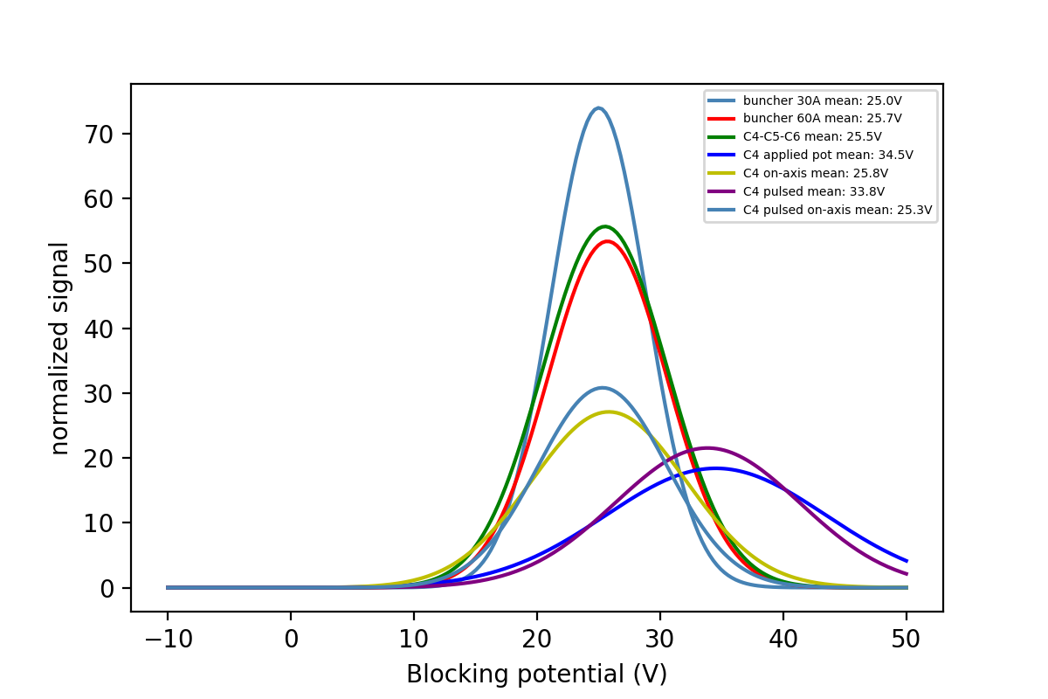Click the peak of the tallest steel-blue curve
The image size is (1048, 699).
598,108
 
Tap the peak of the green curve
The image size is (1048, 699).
604,226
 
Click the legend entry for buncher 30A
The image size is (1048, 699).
822,100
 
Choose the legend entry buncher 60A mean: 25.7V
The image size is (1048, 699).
822,118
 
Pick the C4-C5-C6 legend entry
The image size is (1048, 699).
812,136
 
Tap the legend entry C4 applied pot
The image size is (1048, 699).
828,155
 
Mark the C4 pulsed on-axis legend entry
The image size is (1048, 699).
838,210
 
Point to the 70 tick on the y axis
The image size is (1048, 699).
103,134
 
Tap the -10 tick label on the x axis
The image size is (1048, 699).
168,639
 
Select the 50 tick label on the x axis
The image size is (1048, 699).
907,639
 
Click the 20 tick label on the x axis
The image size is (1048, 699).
537,639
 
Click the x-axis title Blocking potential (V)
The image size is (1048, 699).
536,674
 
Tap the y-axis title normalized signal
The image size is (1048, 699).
59,348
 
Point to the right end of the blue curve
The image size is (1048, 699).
907,561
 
